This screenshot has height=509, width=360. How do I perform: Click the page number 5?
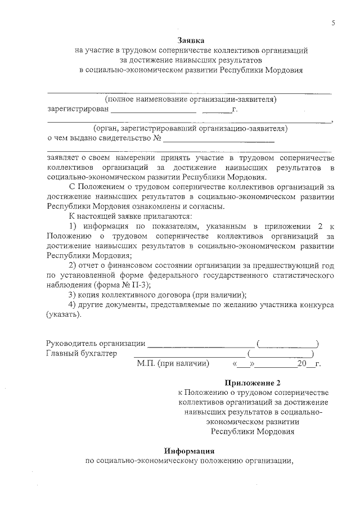(334, 22)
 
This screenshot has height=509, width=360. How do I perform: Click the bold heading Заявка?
(191, 40)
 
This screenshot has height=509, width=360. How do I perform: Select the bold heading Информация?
(190, 451)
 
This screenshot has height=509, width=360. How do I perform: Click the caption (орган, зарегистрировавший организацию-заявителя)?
(191, 128)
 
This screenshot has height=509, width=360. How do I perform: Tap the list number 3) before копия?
(72, 295)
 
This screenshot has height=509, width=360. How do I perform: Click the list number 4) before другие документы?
(72, 304)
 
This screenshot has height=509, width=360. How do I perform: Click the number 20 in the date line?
(301, 364)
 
